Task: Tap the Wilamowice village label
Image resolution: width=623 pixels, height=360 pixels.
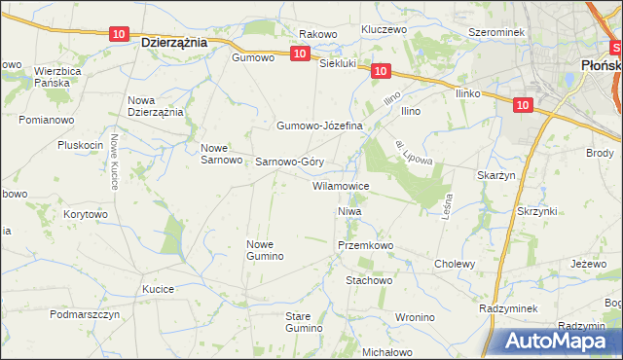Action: (340, 185)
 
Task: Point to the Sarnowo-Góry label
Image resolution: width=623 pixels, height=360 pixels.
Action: (289, 162)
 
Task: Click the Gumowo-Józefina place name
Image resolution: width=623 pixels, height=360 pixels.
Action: (319, 126)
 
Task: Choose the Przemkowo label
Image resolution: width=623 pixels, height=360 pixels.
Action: (364, 246)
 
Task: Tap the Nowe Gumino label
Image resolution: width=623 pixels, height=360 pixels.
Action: (265, 250)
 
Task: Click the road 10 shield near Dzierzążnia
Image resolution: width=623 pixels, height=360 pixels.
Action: (119, 34)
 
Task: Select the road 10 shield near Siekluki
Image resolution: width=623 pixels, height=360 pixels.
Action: (381, 71)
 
